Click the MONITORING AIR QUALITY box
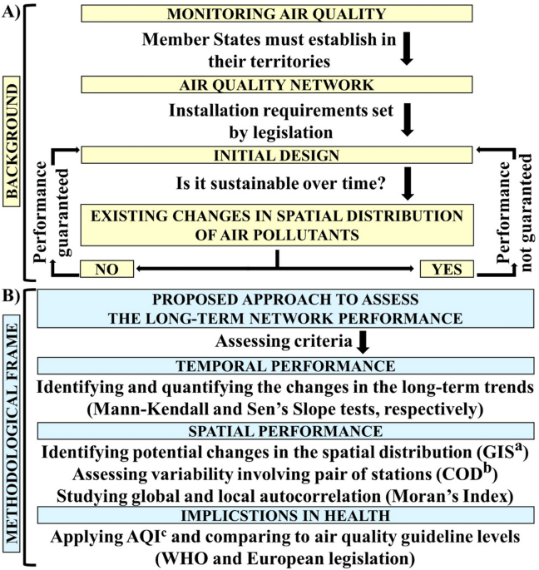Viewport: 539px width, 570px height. click(277, 13)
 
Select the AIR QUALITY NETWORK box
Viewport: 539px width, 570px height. click(277, 85)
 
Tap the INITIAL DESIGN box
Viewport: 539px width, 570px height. click(277, 156)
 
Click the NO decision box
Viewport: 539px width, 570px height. click(106, 269)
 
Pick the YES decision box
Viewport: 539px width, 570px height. click(447, 269)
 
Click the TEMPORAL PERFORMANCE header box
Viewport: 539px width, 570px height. click(285, 365)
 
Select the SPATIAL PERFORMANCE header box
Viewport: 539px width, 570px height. click(285, 431)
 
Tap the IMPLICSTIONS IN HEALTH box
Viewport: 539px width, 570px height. click(285, 515)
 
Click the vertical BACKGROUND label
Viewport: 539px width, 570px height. click(12, 141)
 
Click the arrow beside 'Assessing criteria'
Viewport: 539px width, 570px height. click(363, 342)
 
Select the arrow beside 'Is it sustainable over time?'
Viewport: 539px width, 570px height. click(408, 184)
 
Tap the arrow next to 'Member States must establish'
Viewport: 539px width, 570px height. click(407, 49)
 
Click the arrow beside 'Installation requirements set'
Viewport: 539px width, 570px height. click(407, 120)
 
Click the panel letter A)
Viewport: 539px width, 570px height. click(11, 12)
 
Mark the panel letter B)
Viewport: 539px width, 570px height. click(11, 296)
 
